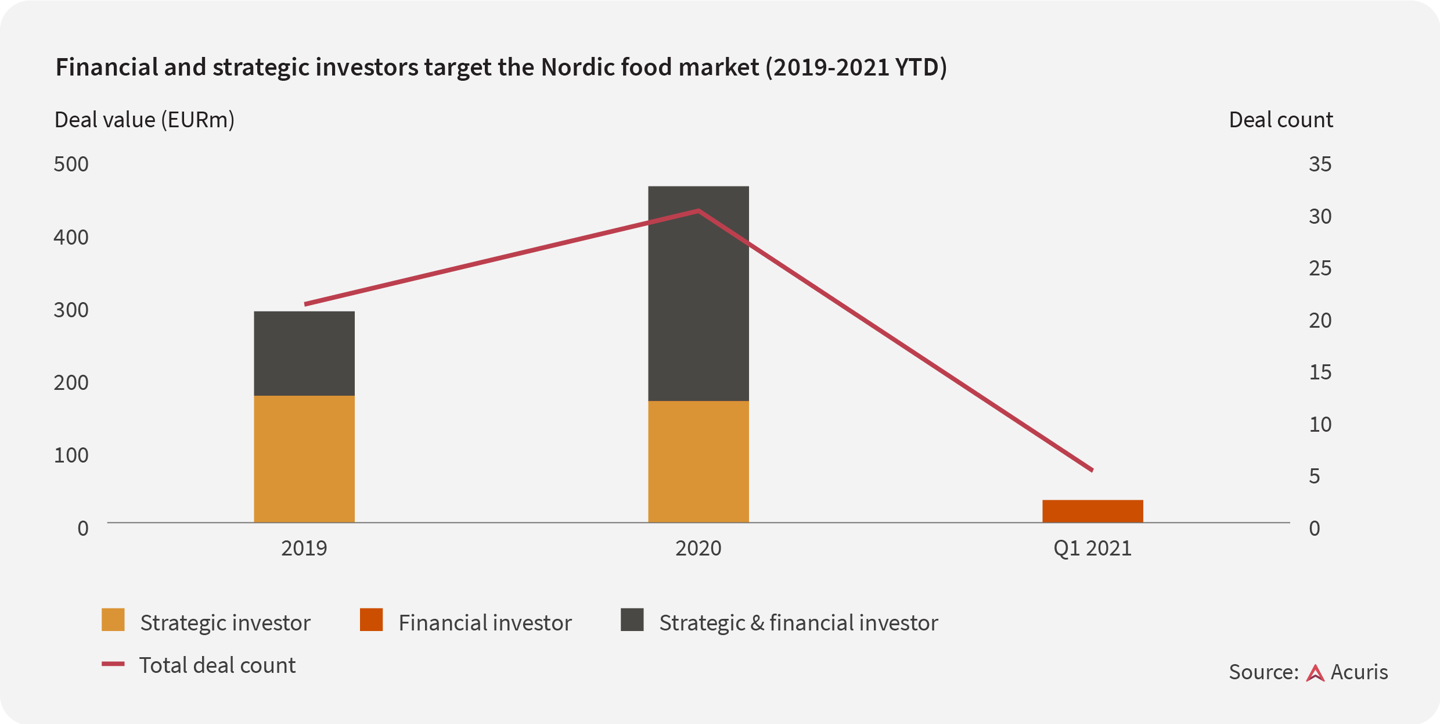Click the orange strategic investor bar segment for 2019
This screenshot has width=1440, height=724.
click(x=304, y=459)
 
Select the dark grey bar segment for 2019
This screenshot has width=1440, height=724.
click(x=304, y=353)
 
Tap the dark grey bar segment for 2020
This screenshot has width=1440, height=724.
click(x=699, y=293)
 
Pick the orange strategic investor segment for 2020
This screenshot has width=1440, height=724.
click(x=699, y=461)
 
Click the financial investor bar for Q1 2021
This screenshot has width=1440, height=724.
click(x=1093, y=511)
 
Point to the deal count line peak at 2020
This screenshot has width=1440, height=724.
click(x=699, y=210)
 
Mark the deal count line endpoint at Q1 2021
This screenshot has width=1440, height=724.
click(x=1092, y=470)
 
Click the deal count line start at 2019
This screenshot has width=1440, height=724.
click(x=305, y=304)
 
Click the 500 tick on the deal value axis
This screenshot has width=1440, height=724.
click(x=71, y=164)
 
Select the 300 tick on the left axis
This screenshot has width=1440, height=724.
click(x=71, y=310)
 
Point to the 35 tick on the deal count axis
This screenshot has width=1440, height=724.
click(x=1320, y=164)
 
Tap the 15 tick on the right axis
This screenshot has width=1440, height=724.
click(x=1320, y=372)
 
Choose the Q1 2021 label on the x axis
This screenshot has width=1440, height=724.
click(x=1093, y=549)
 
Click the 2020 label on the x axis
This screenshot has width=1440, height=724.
click(x=699, y=548)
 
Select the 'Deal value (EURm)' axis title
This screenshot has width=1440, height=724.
click(x=145, y=120)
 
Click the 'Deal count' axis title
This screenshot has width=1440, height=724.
click(x=1281, y=120)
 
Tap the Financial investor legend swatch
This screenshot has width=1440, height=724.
click(x=371, y=619)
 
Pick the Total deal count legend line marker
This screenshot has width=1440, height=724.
click(x=113, y=664)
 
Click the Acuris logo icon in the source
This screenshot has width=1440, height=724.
click(x=1315, y=673)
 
